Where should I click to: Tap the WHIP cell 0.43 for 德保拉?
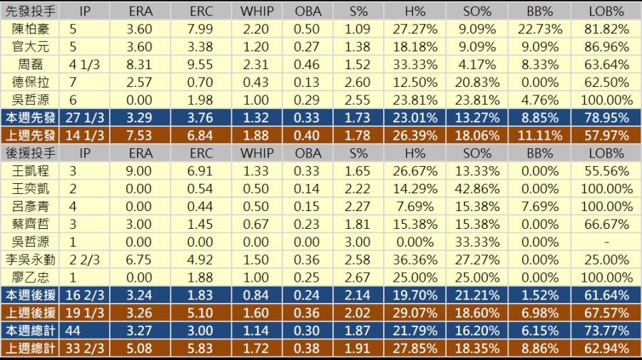[256, 82]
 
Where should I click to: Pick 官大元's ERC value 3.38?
[201, 47]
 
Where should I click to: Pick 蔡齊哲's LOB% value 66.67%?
[606, 225]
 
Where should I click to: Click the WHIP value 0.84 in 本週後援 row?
[256, 295]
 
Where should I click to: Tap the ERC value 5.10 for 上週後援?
[201, 313]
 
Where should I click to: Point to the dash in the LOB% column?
[606, 242]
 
